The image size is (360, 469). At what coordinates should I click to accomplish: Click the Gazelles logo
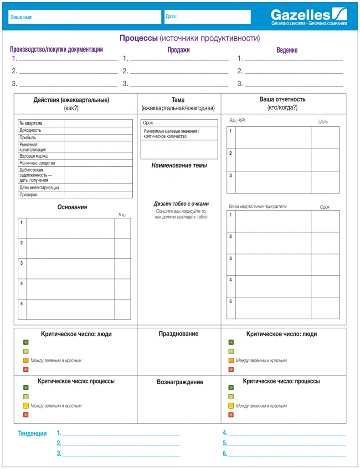tap(309, 16)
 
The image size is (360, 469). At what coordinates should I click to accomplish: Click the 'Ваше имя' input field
tap(85, 17)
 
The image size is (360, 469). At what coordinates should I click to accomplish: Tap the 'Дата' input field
tap(207, 17)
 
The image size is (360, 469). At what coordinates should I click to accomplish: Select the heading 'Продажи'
tap(178, 50)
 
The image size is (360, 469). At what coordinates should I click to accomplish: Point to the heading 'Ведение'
tap(287, 50)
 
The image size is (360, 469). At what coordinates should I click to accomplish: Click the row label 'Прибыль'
tap(28, 137)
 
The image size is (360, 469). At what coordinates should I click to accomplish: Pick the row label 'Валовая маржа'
tap(34, 156)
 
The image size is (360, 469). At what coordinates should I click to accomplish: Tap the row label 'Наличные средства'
tap(37, 163)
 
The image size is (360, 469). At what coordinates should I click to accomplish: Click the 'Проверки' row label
tap(28, 195)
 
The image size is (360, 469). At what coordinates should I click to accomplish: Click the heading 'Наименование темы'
tap(179, 165)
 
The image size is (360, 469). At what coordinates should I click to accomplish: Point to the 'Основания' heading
tap(72, 207)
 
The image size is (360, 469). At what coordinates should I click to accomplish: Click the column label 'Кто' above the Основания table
tap(122, 215)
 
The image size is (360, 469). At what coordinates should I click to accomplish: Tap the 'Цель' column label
tap(323, 122)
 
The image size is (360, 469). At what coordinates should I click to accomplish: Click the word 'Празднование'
tap(178, 334)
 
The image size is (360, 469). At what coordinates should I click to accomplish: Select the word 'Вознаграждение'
tap(180, 382)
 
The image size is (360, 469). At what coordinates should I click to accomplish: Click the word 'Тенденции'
tap(32, 433)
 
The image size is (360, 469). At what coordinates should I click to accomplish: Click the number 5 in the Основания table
tap(21, 304)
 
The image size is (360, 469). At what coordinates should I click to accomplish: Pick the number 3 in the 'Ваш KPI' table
tap(231, 175)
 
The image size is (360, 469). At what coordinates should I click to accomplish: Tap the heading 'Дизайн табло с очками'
tap(181, 204)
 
